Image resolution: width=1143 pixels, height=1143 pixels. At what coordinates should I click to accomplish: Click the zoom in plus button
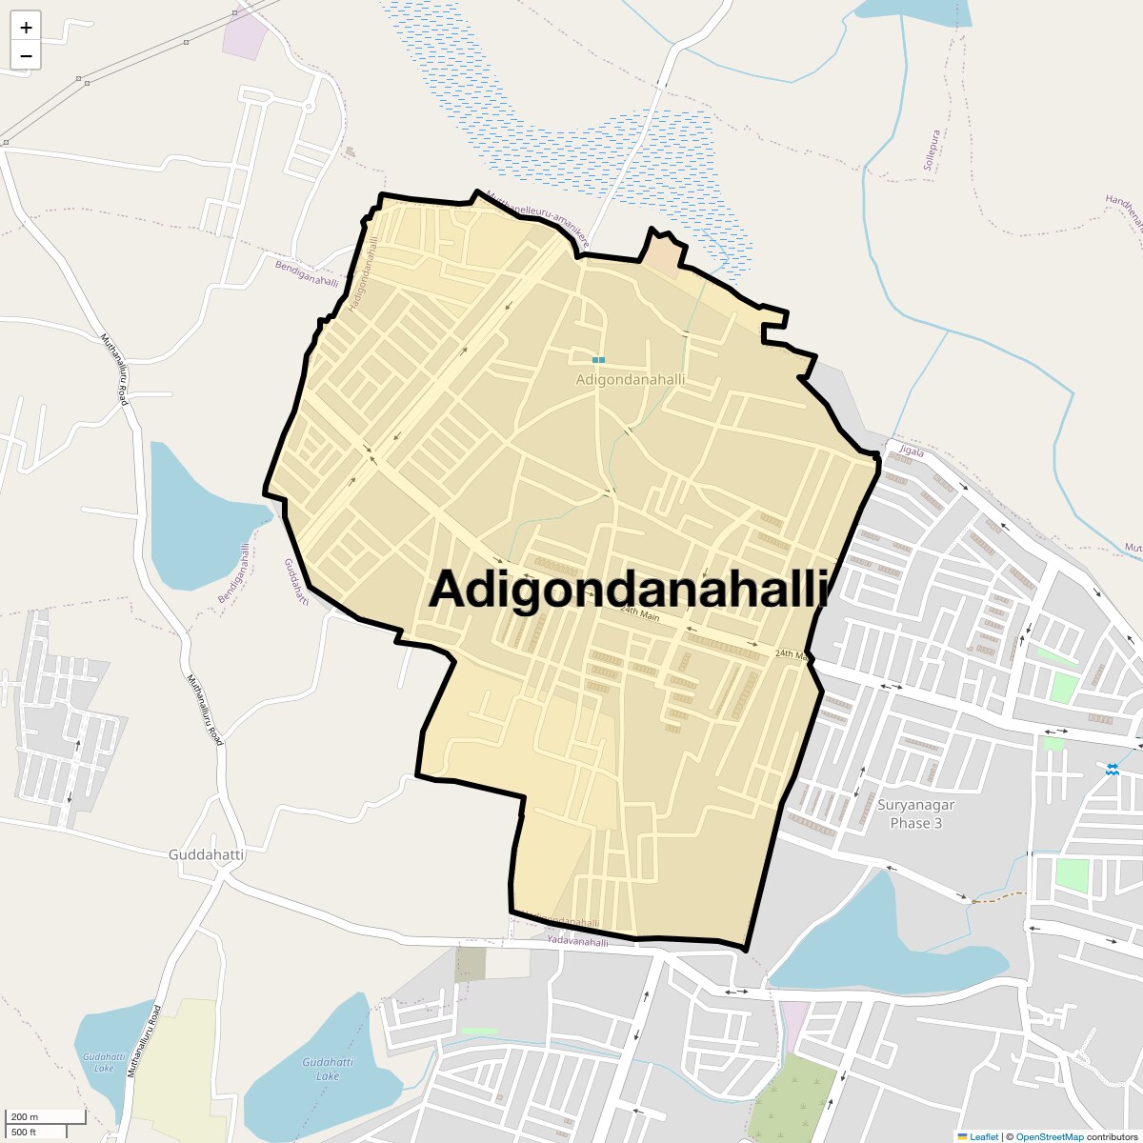[x=26, y=28]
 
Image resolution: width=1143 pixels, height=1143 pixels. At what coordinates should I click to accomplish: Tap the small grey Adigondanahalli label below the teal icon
[x=630, y=379]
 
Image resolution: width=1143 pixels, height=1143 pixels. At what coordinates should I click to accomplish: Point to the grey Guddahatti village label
[x=206, y=854]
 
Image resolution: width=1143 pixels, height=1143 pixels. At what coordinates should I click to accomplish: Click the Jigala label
[x=912, y=452]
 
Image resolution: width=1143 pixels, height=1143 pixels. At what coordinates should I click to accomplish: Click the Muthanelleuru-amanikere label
[x=537, y=218]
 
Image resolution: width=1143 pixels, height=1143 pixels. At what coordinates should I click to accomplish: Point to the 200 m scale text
[x=25, y=1116]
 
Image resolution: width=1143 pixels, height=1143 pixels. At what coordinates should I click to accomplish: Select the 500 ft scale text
[x=24, y=1132]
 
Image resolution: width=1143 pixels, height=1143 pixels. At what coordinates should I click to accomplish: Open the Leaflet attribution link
[x=984, y=1136]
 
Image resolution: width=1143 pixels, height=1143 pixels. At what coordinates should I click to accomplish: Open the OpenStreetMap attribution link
[x=1049, y=1136]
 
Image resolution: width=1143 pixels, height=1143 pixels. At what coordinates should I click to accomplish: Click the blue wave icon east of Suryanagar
[x=1112, y=769]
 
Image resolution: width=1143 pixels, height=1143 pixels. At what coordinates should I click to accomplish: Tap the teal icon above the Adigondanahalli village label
[x=598, y=360]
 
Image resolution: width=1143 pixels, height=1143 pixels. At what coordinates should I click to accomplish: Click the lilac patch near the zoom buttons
[x=243, y=36]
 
